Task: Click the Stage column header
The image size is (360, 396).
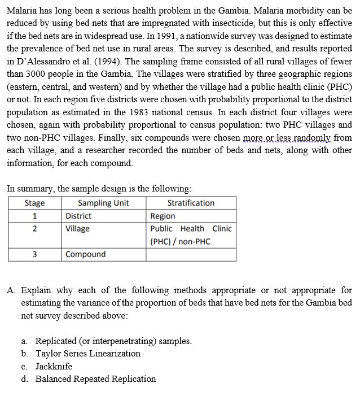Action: coord(34,203)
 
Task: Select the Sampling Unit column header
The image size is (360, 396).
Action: coord(103,203)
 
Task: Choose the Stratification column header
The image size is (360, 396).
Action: coord(191,203)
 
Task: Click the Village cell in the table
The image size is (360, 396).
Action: coord(77,228)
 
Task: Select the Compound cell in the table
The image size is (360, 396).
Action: coord(85,254)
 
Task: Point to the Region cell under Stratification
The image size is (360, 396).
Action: coord(163,216)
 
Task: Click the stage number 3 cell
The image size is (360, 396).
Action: coord(34,254)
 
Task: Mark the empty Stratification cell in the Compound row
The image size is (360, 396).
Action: coord(191,254)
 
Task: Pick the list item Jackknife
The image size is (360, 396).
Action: coord(54,366)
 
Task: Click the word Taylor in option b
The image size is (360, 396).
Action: coord(48,354)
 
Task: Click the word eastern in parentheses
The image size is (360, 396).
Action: coord(25,87)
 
